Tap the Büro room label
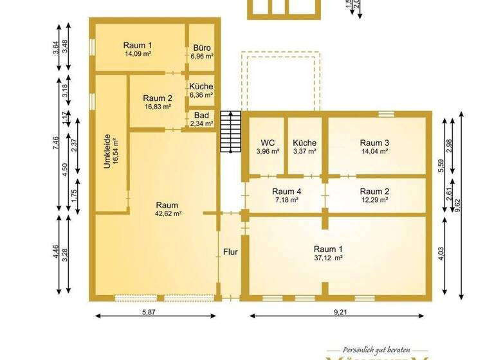point(201,48)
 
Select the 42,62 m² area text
point(169,213)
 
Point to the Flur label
point(230,252)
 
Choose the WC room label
point(268,143)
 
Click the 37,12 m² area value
point(328,258)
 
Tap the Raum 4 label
point(286,191)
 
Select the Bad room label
point(201,116)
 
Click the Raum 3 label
point(374,143)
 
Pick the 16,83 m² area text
point(158,107)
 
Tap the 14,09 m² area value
point(138,54)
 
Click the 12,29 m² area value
point(374,200)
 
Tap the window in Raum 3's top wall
point(386,114)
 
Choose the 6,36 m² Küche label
point(201,95)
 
